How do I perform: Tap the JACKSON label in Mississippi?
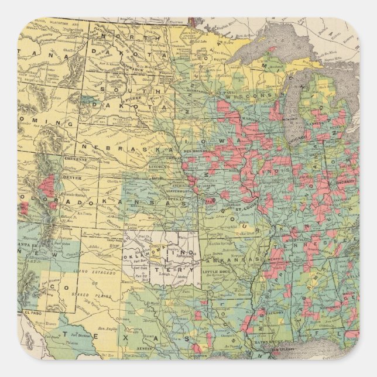pyautogui.click(x=269, y=314)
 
